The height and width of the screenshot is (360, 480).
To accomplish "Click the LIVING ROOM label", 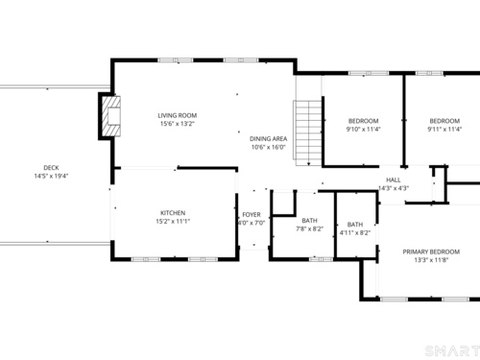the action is click(x=178, y=115).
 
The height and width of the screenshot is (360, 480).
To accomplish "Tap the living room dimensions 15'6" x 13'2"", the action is click(x=178, y=124).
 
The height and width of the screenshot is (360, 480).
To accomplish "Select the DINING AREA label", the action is click(x=268, y=139).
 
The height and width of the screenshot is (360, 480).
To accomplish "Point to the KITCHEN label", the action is click(x=173, y=213).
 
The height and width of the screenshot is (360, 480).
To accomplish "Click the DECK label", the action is click(x=51, y=168).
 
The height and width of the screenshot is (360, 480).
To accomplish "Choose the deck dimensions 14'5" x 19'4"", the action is click(x=51, y=176).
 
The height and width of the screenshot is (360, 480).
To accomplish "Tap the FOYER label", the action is click(x=252, y=215).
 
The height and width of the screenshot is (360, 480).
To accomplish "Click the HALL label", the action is click(x=394, y=180).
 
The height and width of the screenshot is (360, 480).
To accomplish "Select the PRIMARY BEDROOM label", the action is click(x=431, y=252).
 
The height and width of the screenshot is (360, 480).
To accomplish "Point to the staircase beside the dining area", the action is click(x=308, y=133).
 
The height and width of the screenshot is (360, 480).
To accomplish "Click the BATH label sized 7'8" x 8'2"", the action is click(x=310, y=221).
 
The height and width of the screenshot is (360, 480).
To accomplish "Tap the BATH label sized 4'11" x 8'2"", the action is click(x=355, y=225).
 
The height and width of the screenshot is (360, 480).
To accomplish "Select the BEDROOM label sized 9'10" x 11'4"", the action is click(x=364, y=121).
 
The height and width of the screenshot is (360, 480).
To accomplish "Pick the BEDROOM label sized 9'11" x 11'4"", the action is click(x=444, y=121).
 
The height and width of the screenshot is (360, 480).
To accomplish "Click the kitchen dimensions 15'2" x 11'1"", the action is click(x=173, y=221).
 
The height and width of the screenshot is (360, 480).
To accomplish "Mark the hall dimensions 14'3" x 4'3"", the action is click(x=394, y=188).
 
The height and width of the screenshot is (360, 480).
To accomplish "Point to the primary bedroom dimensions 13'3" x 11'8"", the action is click(x=431, y=260).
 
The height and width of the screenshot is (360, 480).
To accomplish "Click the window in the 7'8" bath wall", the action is click(x=321, y=259).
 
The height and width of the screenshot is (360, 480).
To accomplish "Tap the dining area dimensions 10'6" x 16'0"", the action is click(x=268, y=147).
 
